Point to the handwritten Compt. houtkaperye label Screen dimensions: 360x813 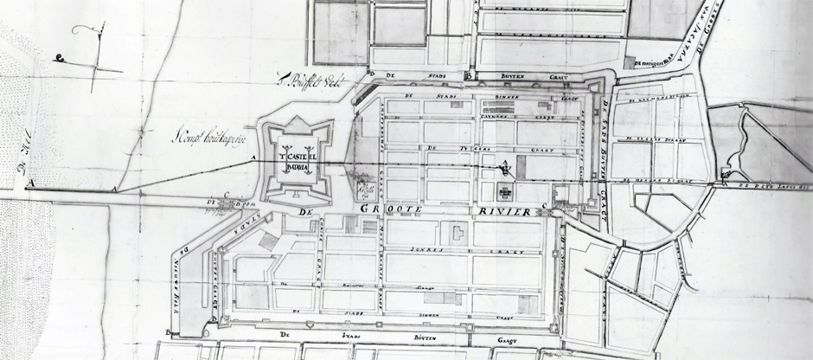[x=211, y=135]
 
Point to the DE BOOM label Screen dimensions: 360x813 [x=221, y=204]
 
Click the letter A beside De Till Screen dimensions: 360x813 [x=31, y=183]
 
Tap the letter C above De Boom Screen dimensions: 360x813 [x=226, y=195]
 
